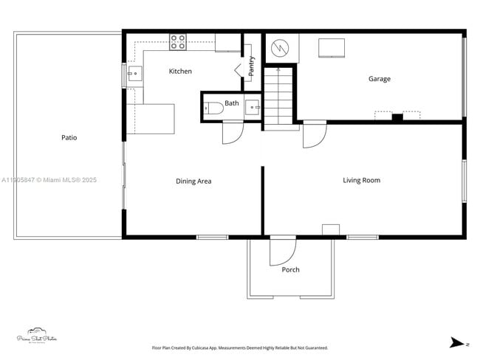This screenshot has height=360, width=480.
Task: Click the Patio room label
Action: point(69,138)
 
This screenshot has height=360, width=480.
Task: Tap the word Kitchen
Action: point(180,72)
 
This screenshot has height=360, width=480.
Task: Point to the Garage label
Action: point(380,79)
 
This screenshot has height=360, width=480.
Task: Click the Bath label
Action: point(232,103)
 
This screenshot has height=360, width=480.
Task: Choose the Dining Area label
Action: point(193,181)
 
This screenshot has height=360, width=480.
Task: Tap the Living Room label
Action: point(361,180)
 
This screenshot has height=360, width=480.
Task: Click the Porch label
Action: point(291,270)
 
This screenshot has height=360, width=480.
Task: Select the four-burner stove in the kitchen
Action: point(178,42)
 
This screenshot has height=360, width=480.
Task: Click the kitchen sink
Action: point(134,73)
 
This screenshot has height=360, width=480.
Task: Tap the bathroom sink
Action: point(253,108)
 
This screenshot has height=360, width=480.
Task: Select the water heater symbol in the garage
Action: point(280,48)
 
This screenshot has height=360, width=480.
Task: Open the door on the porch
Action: point(281,251)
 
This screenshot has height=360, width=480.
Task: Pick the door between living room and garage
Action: point(313,134)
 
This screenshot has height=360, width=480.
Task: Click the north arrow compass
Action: point(459,342)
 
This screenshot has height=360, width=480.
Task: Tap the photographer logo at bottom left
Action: point(37,336)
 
